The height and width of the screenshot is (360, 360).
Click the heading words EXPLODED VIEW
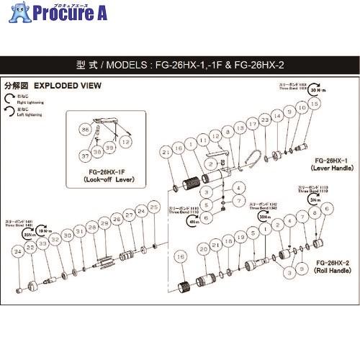point(60,84)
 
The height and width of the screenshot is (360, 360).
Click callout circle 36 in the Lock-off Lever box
point(85,130)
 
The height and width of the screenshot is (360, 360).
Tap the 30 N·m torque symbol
point(300,91)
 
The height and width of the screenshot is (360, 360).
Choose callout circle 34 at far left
point(18,251)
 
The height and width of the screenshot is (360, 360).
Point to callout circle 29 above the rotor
point(104,225)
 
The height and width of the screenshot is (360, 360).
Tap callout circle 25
point(153,207)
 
